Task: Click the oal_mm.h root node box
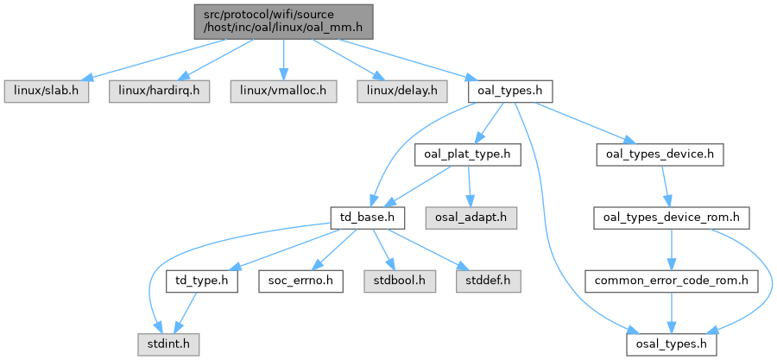pos(283,22)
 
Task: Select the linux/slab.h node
pos(47,92)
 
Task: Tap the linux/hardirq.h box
pos(159,92)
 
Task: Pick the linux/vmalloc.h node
pos(283,92)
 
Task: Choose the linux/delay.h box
pos(401,92)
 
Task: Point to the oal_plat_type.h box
pos(468,155)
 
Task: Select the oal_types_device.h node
pos(660,155)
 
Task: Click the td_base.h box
pos(368,218)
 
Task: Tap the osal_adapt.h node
pos(471,218)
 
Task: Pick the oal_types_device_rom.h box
pos(671,218)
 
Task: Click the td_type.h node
pos(202,281)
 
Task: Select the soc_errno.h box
pos(300,281)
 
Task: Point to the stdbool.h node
pos(400,281)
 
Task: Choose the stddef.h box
pos(489,281)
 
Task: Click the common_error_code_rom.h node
pos(671,281)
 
